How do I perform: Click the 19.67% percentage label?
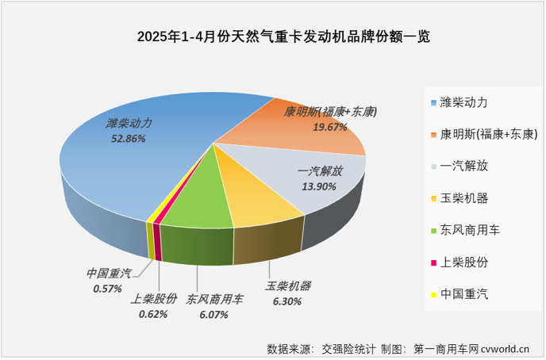(x=330, y=127)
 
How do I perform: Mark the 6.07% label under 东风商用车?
(x=208, y=315)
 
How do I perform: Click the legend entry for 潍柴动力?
(x=464, y=103)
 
